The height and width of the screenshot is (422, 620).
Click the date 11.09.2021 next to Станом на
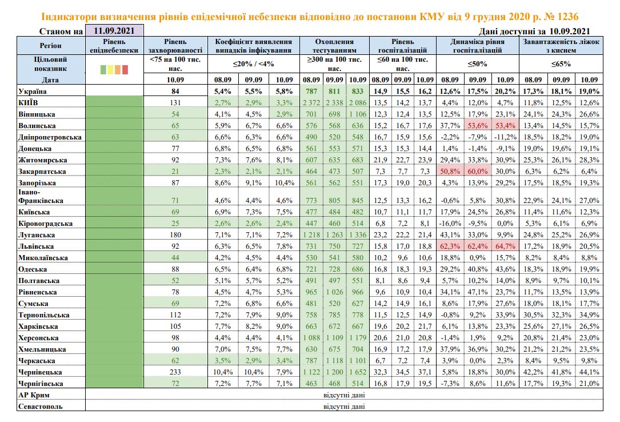tap(113, 31)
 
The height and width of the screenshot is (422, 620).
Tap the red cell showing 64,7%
tap(505, 246)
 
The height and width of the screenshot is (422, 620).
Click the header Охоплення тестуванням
tap(334, 46)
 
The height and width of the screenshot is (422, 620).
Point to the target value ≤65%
tap(562, 63)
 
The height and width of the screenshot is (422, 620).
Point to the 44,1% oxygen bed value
tap(589, 372)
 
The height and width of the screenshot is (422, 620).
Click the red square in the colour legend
tap(125, 70)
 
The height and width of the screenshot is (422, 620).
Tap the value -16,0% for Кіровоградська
tap(450, 224)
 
